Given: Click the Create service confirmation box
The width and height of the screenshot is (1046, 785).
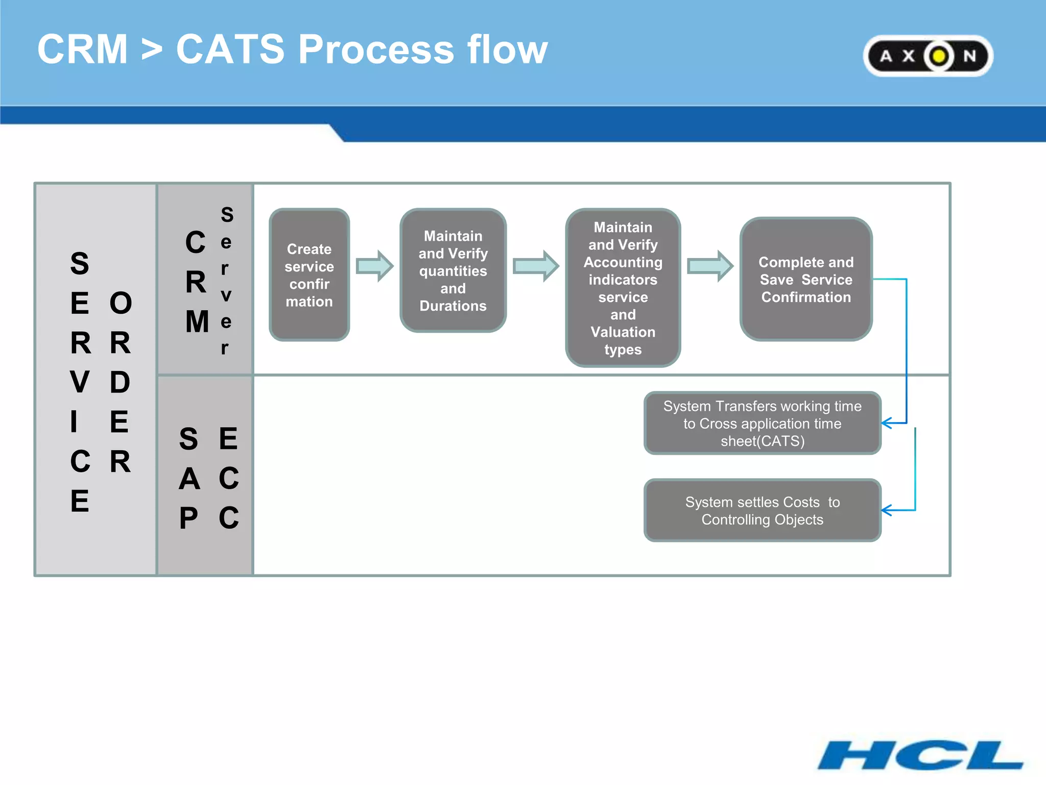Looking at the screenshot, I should [x=309, y=275].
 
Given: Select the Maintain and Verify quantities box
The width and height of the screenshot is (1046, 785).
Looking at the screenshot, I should [x=453, y=271].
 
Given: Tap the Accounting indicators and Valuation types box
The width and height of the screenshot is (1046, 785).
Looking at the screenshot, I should [x=623, y=288].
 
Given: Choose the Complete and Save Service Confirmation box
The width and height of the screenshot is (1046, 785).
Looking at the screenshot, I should [x=805, y=280].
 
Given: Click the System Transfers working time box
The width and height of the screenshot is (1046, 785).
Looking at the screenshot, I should [x=762, y=423].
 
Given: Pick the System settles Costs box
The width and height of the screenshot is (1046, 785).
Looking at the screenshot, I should [x=762, y=511].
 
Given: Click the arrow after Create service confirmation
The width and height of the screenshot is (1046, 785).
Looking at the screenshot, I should [x=375, y=266].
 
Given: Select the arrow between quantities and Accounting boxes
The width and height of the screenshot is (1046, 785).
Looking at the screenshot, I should [x=536, y=266].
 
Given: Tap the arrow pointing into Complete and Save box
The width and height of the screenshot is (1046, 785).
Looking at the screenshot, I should [x=710, y=266].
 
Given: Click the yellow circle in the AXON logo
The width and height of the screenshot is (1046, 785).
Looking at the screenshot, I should [x=939, y=56].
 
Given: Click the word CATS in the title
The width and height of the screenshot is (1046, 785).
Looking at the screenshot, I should [x=230, y=50].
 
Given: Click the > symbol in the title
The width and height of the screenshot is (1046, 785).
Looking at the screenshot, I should [x=152, y=50].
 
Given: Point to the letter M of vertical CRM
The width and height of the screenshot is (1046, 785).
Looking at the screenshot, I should [x=197, y=322].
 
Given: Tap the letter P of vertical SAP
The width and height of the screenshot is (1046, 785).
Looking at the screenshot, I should [x=188, y=518].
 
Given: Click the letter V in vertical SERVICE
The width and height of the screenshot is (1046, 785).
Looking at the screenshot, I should [x=80, y=382].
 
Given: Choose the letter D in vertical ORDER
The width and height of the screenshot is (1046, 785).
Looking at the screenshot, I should [x=120, y=382].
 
